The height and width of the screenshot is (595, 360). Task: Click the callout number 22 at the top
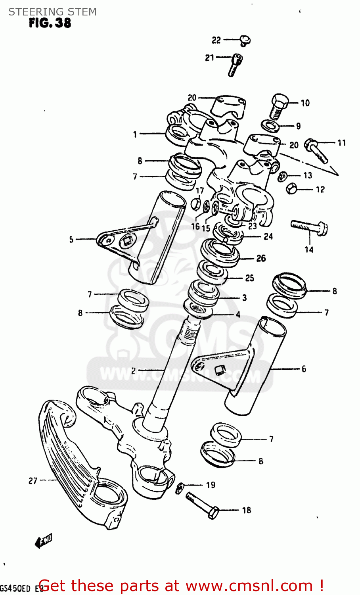(216, 40)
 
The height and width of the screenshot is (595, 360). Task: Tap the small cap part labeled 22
(245, 40)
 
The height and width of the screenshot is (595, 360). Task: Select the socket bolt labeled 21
(235, 65)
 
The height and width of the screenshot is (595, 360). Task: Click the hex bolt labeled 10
(279, 106)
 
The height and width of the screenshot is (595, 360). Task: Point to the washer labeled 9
(271, 126)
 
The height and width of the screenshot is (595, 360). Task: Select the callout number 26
(261, 258)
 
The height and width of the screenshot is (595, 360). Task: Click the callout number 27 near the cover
(33, 481)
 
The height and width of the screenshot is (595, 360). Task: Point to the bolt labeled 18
(202, 505)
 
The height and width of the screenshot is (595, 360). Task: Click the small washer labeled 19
(180, 488)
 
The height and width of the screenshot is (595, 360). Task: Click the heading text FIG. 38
(50, 23)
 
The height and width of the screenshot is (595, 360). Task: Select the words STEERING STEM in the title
(52, 12)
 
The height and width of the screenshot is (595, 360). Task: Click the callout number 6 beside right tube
(304, 369)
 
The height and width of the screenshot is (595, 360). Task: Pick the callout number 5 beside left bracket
(71, 240)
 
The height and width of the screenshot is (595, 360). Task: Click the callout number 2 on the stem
(134, 370)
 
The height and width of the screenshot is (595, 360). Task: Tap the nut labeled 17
(195, 204)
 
